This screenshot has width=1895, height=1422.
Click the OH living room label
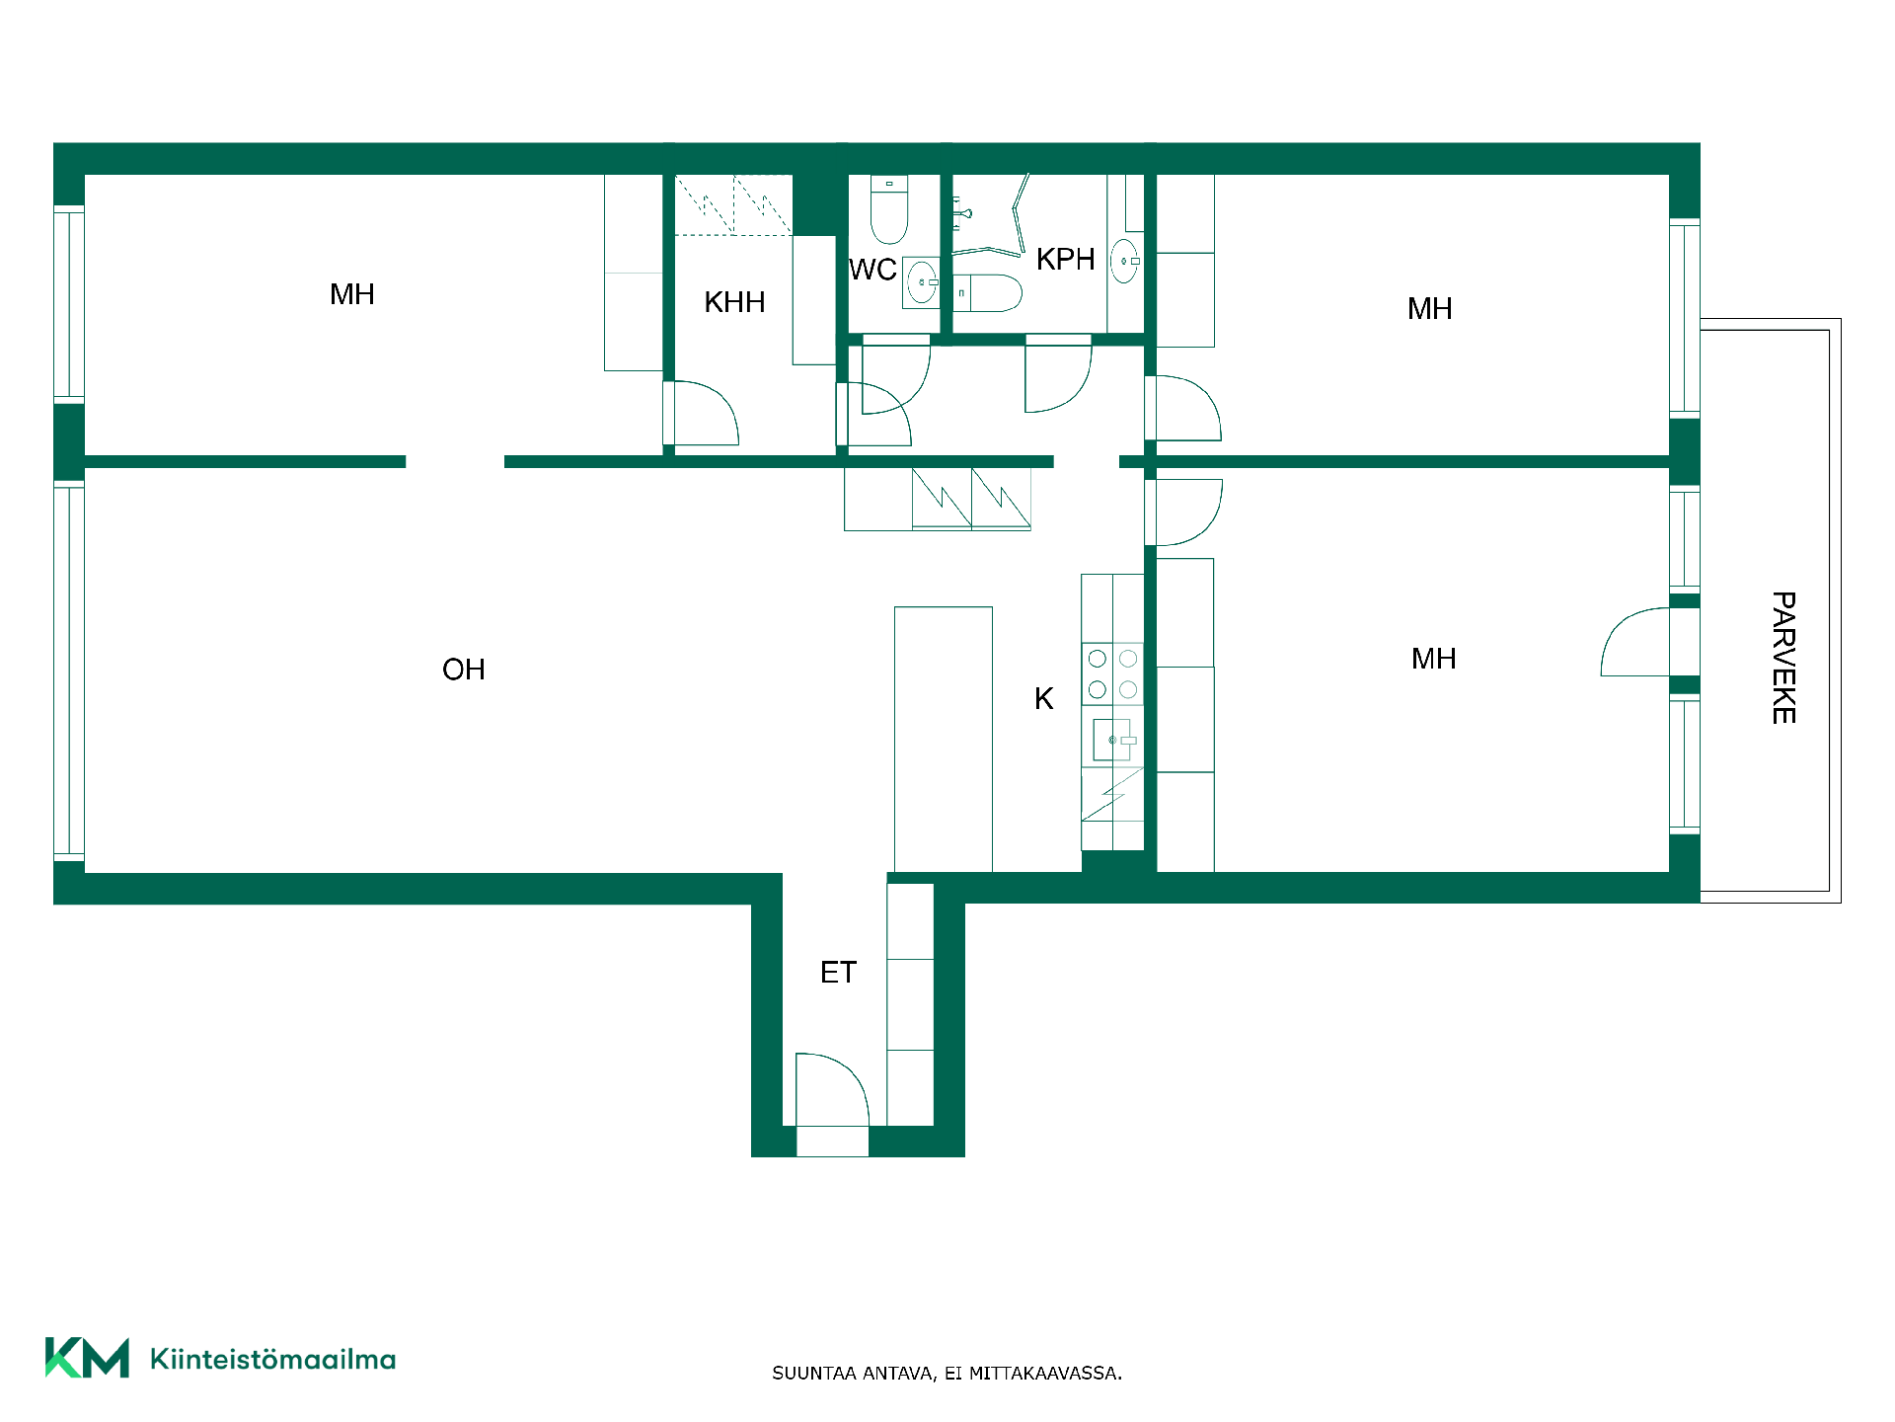(x=463, y=670)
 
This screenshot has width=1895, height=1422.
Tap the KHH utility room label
(x=734, y=302)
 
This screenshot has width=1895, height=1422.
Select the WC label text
(x=872, y=270)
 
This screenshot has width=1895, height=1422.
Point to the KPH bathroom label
(x=1065, y=259)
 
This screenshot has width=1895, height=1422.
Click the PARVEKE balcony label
(x=1783, y=658)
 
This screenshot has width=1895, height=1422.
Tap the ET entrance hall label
(x=838, y=973)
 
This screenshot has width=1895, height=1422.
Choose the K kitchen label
(x=1043, y=699)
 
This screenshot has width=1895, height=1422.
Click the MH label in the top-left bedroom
(x=351, y=294)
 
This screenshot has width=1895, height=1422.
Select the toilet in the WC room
(x=889, y=209)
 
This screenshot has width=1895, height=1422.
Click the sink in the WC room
(x=922, y=282)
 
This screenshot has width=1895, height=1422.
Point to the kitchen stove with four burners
(x=1112, y=673)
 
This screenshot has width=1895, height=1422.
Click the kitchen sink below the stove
(x=1112, y=740)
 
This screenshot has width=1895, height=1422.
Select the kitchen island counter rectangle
(x=943, y=739)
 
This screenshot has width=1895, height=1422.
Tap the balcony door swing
(x=1634, y=642)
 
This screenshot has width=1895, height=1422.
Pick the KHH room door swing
(x=706, y=413)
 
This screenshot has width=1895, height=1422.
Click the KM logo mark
(x=87, y=1358)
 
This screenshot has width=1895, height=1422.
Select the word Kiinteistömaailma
(x=272, y=1359)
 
